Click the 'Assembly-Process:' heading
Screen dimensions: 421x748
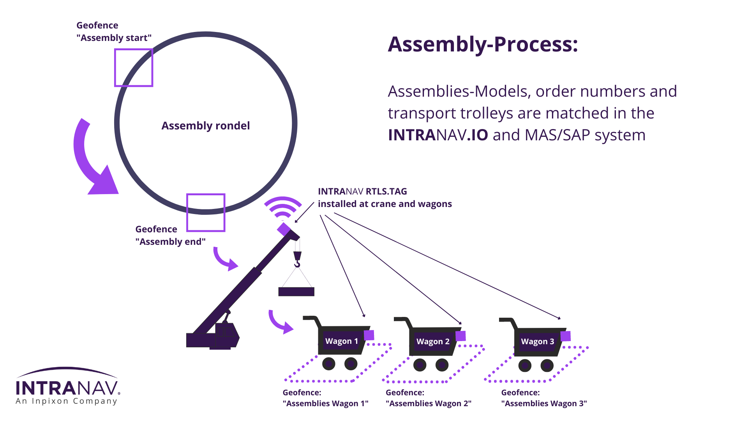point(482,44)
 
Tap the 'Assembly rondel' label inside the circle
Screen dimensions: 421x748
point(205,126)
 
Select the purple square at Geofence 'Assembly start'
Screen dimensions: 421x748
point(134,67)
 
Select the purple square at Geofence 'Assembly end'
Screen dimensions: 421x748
point(206,212)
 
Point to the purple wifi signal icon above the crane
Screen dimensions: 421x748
point(283,208)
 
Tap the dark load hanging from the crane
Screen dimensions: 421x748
point(296,292)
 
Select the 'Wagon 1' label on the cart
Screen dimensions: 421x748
point(341,341)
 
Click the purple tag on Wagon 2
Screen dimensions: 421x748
point(460,336)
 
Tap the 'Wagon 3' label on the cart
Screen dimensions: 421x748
point(537,341)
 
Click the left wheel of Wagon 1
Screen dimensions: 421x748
point(329,364)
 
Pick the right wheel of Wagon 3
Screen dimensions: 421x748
point(547,366)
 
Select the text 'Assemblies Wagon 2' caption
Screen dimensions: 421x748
point(428,403)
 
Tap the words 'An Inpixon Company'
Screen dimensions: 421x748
point(66,401)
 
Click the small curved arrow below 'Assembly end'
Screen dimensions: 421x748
point(225,259)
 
